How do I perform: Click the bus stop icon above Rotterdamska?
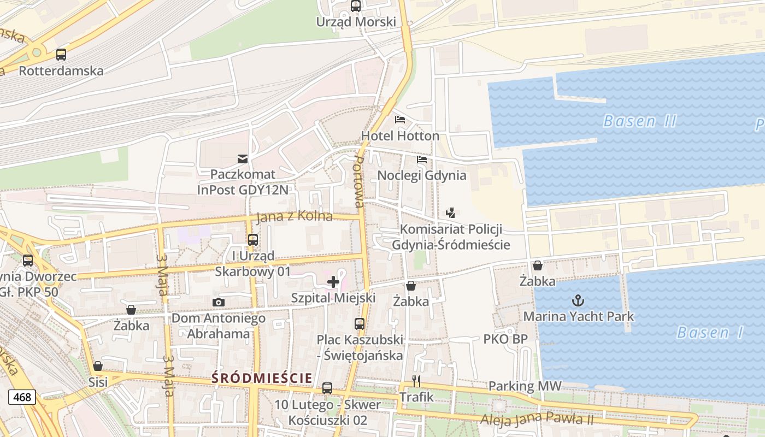pos(61,55)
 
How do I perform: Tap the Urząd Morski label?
pos(356,22)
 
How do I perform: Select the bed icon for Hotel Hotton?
pos(400,120)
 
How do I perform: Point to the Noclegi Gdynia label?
pos(422,175)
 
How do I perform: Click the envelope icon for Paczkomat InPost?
pos(242,159)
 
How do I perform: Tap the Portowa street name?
pos(358,181)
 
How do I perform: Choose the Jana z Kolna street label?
pos(295,216)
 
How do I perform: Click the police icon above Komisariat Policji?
pos(450,213)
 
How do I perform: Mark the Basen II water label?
pos(639,121)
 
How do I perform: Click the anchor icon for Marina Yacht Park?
pos(578,300)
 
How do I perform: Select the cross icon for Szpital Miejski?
pos(333,282)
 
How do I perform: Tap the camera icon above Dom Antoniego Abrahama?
pos(218,302)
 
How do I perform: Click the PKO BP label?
pos(505,339)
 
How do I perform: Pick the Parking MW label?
pos(525,386)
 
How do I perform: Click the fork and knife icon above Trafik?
pos(416,381)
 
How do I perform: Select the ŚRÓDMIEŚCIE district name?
pos(262,377)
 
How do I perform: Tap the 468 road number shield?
pos(22,397)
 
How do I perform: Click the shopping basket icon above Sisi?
pos(98,366)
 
